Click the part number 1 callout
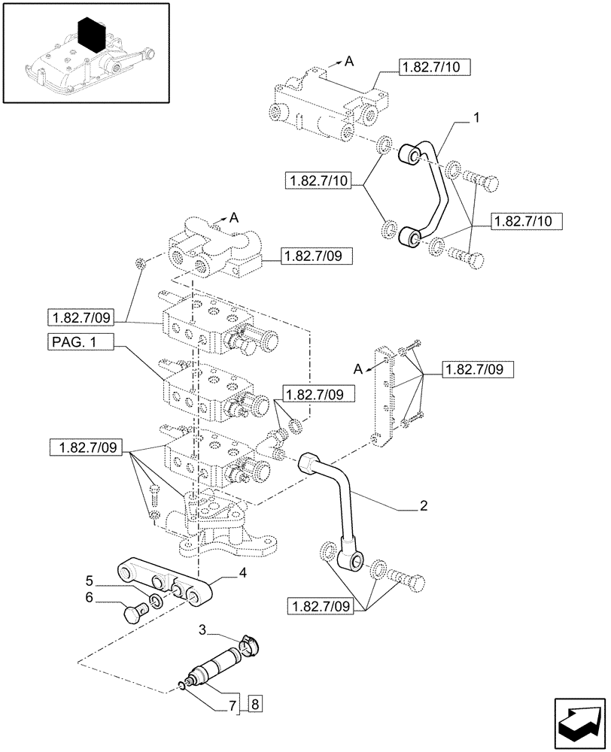point(476,117)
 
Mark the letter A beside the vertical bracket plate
point(358,368)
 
